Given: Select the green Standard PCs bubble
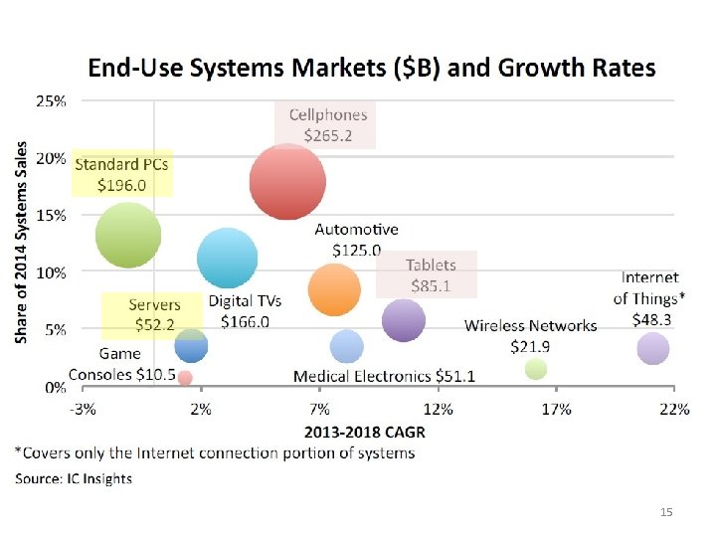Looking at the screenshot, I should tap(127, 235).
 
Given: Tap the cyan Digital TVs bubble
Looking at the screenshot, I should tap(227, 258).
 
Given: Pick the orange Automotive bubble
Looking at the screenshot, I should tap(334, 289).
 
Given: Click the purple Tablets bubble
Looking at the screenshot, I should tap(403, 320).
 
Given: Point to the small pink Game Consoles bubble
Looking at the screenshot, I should tap(184, 378).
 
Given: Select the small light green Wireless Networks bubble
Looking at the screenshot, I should tap(536, 369).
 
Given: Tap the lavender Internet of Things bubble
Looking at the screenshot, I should tap(652, 348).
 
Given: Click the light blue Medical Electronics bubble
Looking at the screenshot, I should tap(346, 346).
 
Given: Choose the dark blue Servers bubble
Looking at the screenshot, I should tap(191, 345).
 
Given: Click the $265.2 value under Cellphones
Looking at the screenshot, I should tap(328, 136).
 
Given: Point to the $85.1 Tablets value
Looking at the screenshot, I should tap(430, 285).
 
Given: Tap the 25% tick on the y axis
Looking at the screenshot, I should tap(52, 100).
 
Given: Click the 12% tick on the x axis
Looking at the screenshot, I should tap(438, 409).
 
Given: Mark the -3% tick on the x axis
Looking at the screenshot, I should tap(83, 409).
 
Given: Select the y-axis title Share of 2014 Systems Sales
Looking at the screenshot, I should tap(23, 242).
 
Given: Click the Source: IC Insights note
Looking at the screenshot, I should tap(73, 478).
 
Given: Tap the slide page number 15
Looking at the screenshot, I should tap(666, 511).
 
